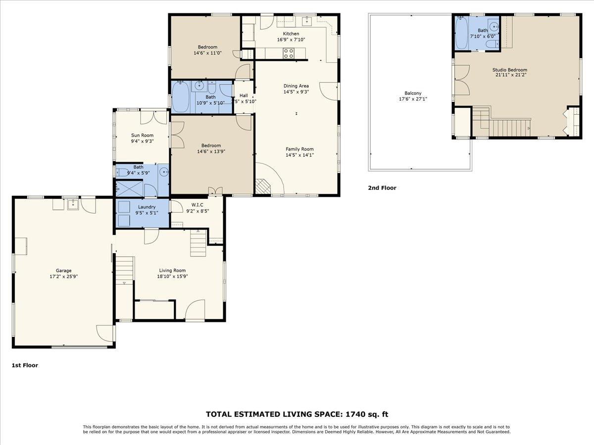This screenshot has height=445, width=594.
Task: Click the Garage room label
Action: (x=63, y=270)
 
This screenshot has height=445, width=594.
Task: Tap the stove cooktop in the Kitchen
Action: (x=289, y=51)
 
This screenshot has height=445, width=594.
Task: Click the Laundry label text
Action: (x=147, y=207)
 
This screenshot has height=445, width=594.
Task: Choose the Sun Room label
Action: (x=142, y=135)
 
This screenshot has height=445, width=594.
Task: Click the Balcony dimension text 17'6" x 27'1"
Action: (x=413, y=99)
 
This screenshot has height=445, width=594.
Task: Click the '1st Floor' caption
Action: (x=25, y=365)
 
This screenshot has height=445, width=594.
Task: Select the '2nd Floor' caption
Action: (x=382, y=188)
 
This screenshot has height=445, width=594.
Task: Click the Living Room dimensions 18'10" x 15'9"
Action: (x=172, y=276)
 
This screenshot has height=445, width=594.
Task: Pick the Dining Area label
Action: (x=296, y=86)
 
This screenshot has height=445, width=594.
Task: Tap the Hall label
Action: (x=244, y=95)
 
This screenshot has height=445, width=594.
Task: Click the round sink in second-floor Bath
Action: (x=493, y=27)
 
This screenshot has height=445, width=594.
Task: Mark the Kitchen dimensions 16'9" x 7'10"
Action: (x=291, y=40)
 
